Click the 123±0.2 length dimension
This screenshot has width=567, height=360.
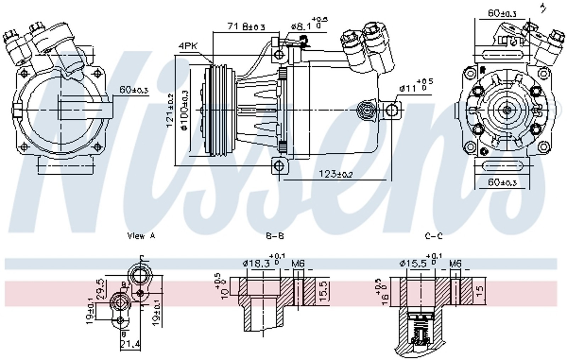click(335, 174)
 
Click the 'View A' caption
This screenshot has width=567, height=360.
click(141, 236)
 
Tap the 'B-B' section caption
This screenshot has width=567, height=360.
click(275, 236)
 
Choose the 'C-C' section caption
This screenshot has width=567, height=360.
click(433, 236)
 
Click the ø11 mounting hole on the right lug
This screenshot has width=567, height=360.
click(392, 110)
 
